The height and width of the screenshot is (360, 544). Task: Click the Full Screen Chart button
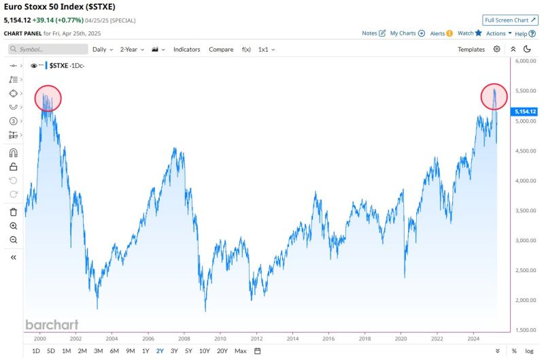[510, 20]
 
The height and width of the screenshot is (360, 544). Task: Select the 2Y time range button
[159, 350]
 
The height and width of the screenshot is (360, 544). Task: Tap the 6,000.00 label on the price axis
[526, 61]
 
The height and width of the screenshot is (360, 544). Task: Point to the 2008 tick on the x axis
[184, 338]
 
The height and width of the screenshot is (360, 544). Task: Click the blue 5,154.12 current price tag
[526, 111]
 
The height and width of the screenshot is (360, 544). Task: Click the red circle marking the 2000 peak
[48, 98]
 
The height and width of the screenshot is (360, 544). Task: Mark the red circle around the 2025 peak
[494, 96]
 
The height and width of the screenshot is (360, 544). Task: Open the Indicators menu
[187, 49]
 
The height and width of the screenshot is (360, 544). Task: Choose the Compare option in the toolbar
[221, 49]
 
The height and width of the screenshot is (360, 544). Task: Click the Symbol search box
[48, 49]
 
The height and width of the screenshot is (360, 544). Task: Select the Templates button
[471, 49]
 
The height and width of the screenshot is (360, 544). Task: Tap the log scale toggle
[528, 350]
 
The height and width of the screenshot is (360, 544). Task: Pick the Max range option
[240, 350]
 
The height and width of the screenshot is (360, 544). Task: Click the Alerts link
[441, 33]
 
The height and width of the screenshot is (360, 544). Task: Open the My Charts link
[407, 33]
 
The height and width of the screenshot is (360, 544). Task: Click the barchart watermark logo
[52, 325]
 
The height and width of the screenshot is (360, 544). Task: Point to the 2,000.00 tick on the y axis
[526, 300]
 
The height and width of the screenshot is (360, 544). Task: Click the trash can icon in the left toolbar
[14, 212]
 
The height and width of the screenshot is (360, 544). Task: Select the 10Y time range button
[204, 350]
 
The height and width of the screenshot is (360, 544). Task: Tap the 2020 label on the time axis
[401, 338]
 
